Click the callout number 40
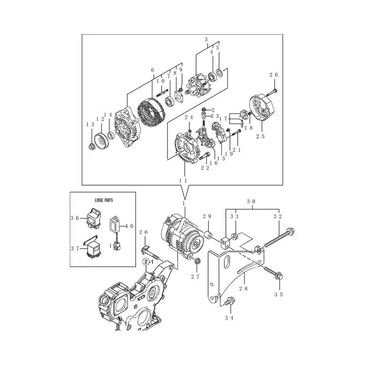click(129, 225)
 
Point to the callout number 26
click(144, 233)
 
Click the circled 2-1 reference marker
click(147, 262)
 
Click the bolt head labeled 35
click(279, 276)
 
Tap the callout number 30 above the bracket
click(250, 201)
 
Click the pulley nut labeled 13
click(91, 146)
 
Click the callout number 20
click(273, 75)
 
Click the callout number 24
click(188, 117)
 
